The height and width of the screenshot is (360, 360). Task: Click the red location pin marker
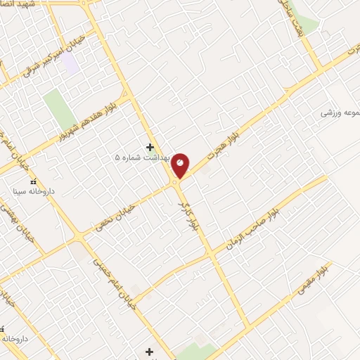pyautogui.click(x=181, y=165)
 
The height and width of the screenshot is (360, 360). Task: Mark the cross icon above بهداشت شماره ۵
pyautogui.click(x=149, y=147)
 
